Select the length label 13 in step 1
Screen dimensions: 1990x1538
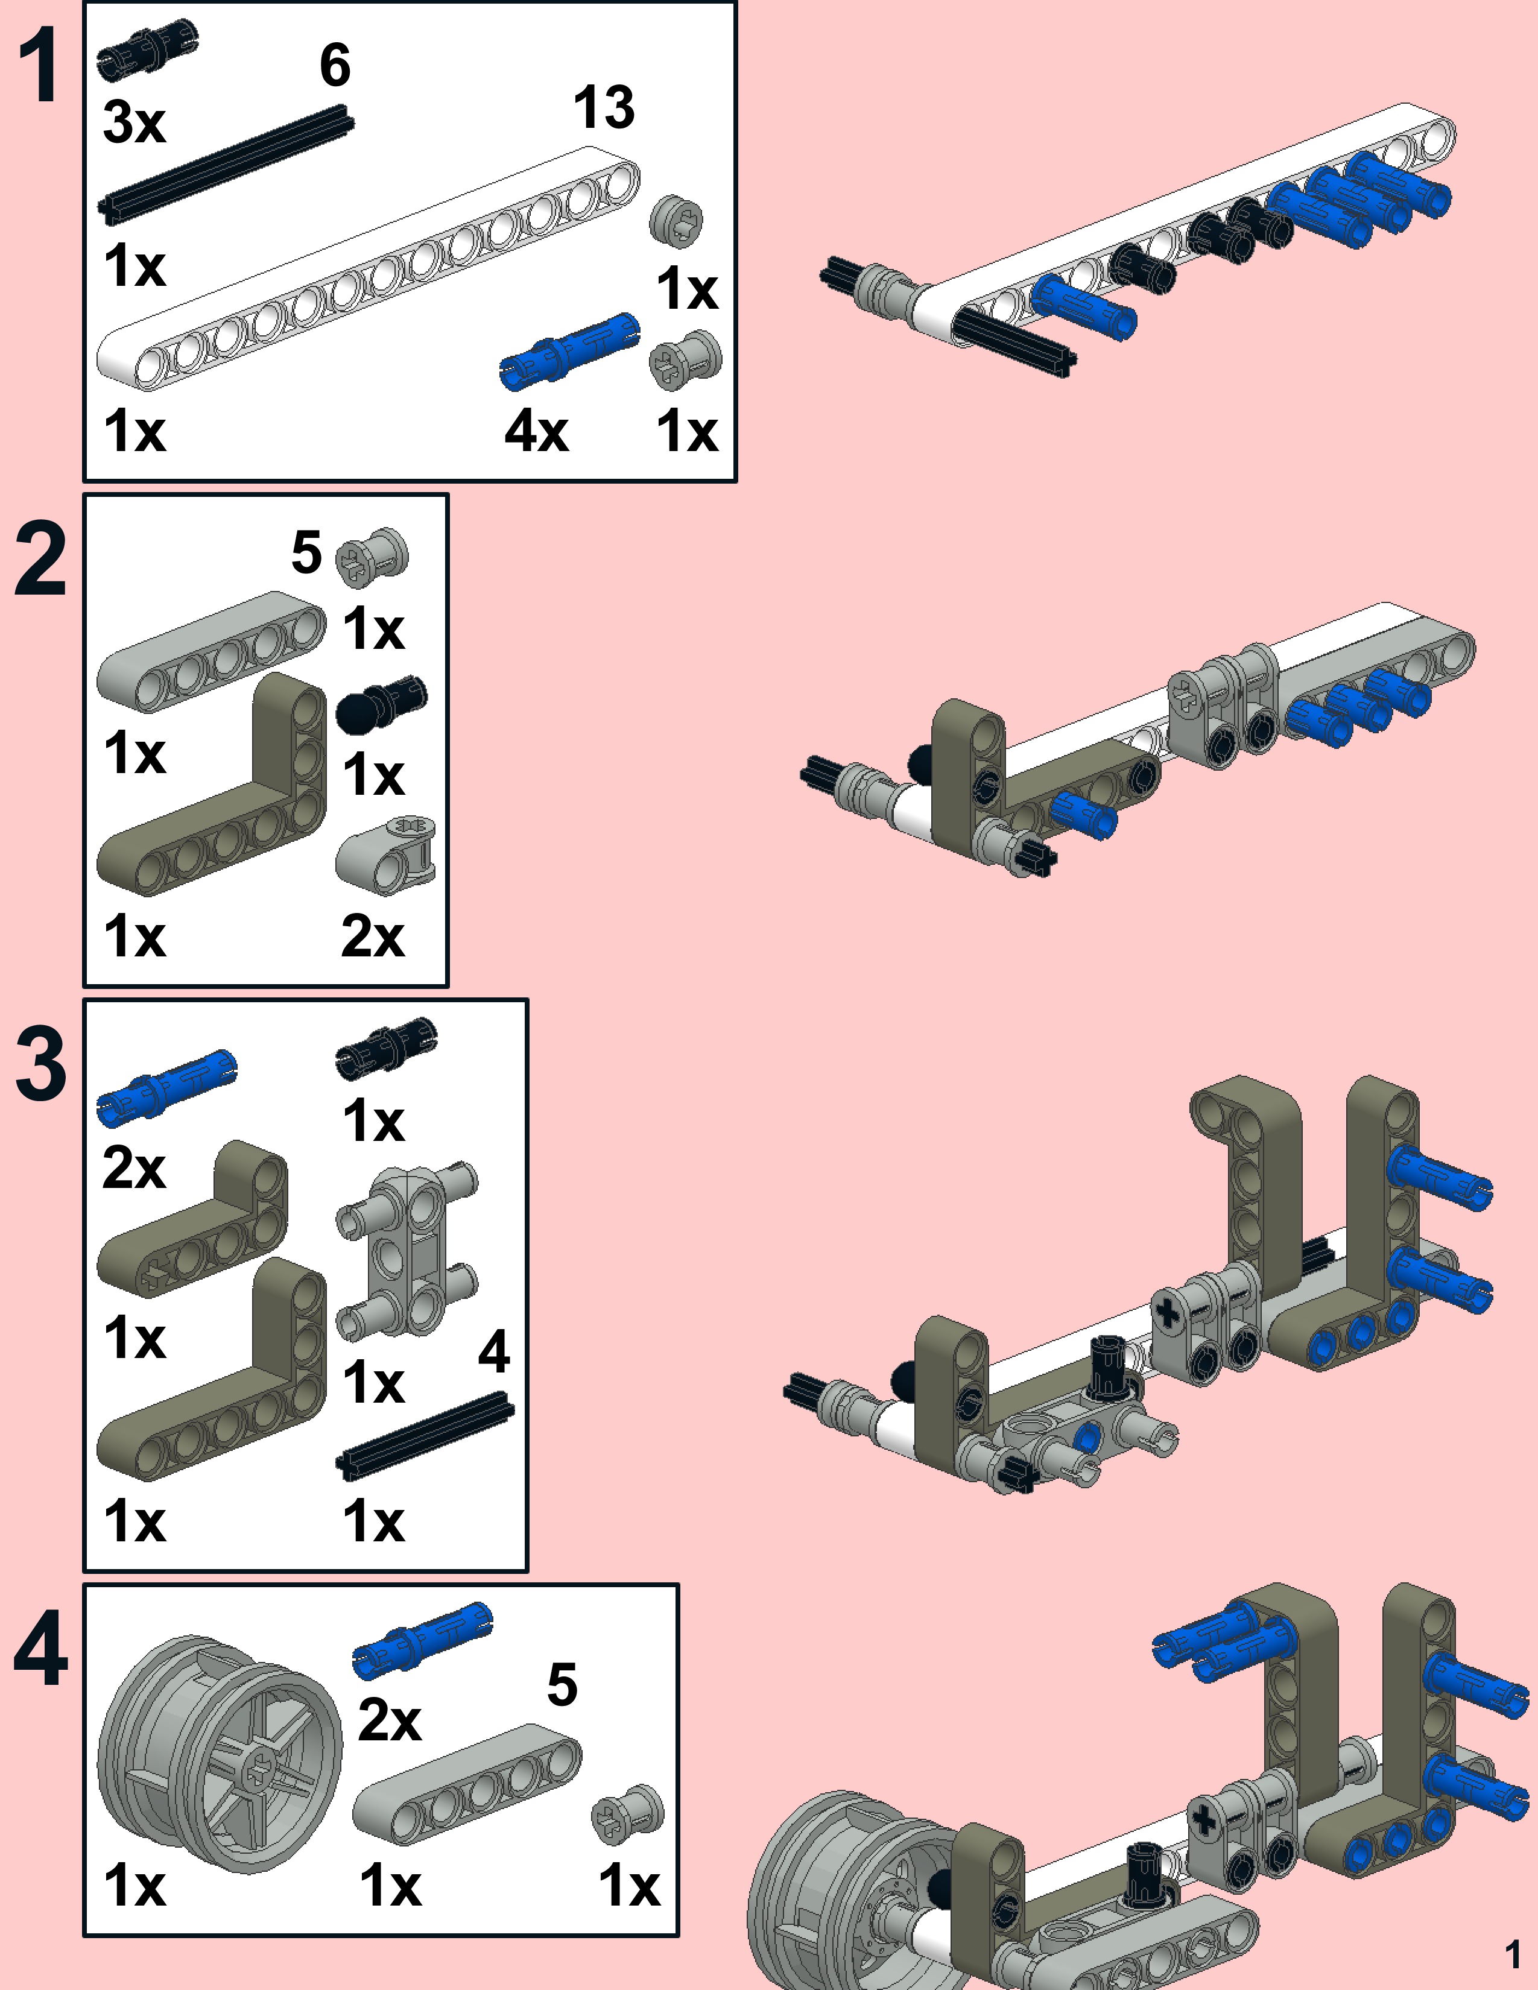point(603,107)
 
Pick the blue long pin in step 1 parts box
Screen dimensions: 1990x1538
point(569,351)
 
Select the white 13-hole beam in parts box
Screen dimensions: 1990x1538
point(364,273)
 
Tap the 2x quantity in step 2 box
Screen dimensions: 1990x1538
point(372,936)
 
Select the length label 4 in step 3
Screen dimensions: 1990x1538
point(493,1351)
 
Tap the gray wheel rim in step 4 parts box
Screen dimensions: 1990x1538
point(219,1754)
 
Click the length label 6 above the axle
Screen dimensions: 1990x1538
point(334,66)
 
